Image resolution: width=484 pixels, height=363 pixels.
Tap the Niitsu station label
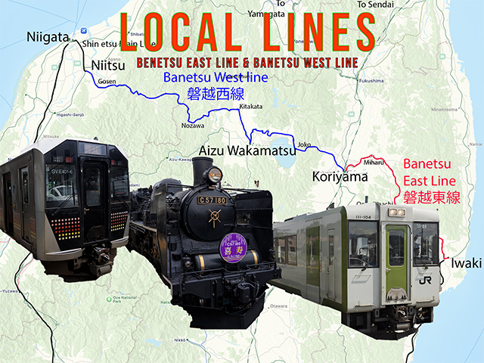107,64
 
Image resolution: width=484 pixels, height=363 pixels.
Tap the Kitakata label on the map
250,107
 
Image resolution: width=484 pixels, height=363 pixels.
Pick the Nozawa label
194,126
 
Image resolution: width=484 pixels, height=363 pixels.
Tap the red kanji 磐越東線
431,197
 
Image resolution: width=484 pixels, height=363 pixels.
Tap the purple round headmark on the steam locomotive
232,248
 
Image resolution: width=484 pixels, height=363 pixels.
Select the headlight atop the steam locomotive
214,175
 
